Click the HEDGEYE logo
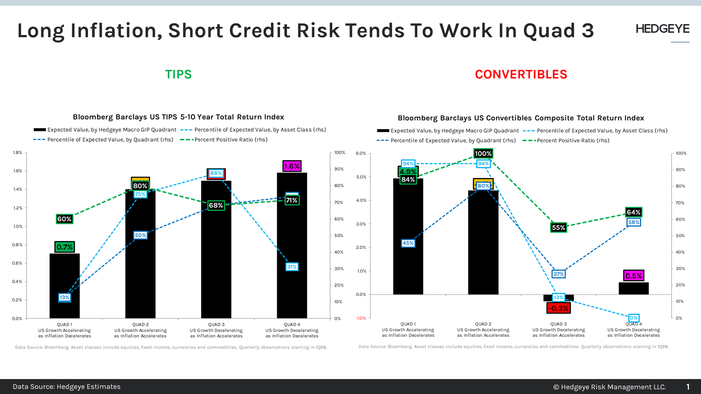(662, 29)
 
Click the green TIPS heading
(178, 74)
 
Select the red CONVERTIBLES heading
(521, 74)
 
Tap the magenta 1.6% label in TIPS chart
(292, 166)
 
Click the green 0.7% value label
(65, 247)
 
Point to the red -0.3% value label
(558, 308)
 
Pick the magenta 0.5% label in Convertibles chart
(633, 276)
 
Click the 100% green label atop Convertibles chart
(483, 154)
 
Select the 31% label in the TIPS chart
(292, 267)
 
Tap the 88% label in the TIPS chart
(216, 173)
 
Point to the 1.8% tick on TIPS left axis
(18, 152)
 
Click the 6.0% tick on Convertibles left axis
(361, 153)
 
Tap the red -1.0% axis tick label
(361, 318)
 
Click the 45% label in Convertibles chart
(408, 243)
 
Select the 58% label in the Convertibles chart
(633, 222)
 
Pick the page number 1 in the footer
(688, 387)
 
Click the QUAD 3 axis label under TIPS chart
(216, 325)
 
